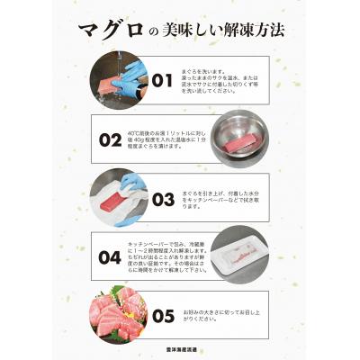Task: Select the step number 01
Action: (161, 81)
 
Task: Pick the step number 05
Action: (161, 315)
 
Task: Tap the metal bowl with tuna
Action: (242, 138)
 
